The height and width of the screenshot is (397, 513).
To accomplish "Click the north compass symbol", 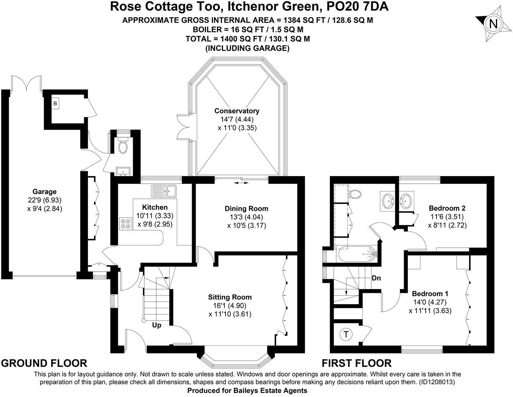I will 493,24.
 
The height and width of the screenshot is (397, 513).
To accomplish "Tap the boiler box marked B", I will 55,104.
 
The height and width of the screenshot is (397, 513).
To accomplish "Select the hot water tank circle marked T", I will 346,334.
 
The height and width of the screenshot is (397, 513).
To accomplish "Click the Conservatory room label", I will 237,111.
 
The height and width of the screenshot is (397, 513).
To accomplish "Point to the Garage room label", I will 44,192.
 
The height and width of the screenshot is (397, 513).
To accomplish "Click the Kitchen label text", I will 155,207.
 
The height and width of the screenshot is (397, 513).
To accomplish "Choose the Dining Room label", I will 246,209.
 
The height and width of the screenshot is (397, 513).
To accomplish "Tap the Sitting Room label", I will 230,297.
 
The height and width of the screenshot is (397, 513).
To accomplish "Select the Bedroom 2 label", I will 447,208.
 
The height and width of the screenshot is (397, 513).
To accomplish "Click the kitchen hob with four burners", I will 126,223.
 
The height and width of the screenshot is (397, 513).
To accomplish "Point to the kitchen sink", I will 164,191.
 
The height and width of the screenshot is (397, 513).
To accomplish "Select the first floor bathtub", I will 357,254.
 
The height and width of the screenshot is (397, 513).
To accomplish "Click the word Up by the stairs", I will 157,325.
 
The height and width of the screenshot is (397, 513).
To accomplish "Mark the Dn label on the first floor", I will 376,278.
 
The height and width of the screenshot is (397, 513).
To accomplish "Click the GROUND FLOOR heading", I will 44,363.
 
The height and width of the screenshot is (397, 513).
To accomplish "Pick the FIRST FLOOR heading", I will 356,363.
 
